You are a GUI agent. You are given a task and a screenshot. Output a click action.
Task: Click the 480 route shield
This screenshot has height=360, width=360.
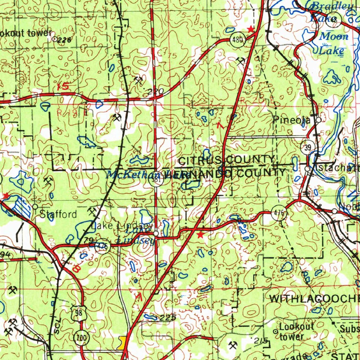pos(238,39)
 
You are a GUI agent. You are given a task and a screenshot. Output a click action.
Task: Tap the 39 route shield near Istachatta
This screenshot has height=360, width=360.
pos(307,148)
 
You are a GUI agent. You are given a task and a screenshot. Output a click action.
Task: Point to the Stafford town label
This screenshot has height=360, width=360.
pos(58,214)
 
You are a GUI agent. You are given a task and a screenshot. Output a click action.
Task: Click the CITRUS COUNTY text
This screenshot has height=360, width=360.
pos(226,161)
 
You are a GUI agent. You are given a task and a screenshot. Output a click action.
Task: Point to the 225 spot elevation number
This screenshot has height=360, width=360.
pos(168,317)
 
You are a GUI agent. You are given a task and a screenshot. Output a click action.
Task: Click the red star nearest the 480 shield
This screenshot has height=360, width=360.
pos(250,29)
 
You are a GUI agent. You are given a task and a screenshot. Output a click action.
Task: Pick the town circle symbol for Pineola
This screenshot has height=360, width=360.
pos(318,120)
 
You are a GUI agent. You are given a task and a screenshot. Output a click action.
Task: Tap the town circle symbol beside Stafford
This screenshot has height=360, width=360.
pos(35,206)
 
